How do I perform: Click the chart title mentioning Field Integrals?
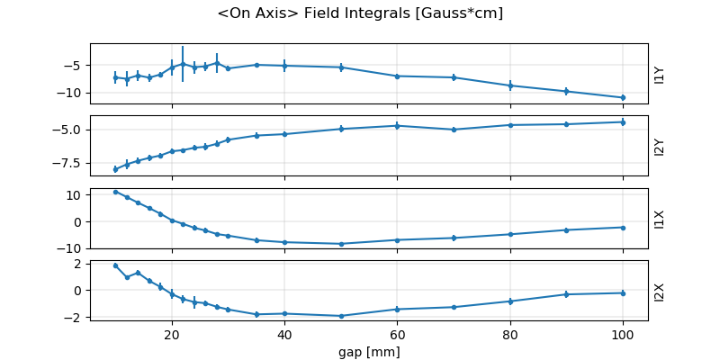click(360, 13)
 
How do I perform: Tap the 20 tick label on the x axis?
click(172, 334)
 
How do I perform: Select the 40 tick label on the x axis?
click(284, 334)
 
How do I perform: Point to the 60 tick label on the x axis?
click(397, 334)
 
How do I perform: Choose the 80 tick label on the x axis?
click(510, 334)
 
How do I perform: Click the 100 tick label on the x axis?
click(623, 334)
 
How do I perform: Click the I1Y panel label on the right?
click(659, 74)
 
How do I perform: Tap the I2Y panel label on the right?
click(659, 146)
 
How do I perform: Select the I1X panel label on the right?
click(659, 219)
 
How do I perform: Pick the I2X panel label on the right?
click(659, 291)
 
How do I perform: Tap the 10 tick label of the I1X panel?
click(76, 194)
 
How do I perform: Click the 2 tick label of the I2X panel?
click(79, 264)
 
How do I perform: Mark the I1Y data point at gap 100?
click(623, 97)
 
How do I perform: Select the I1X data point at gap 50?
click(341, 244)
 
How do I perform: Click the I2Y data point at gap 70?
click(454, 130)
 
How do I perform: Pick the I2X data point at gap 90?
click(566, 294)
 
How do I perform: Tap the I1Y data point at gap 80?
click(510, 85)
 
